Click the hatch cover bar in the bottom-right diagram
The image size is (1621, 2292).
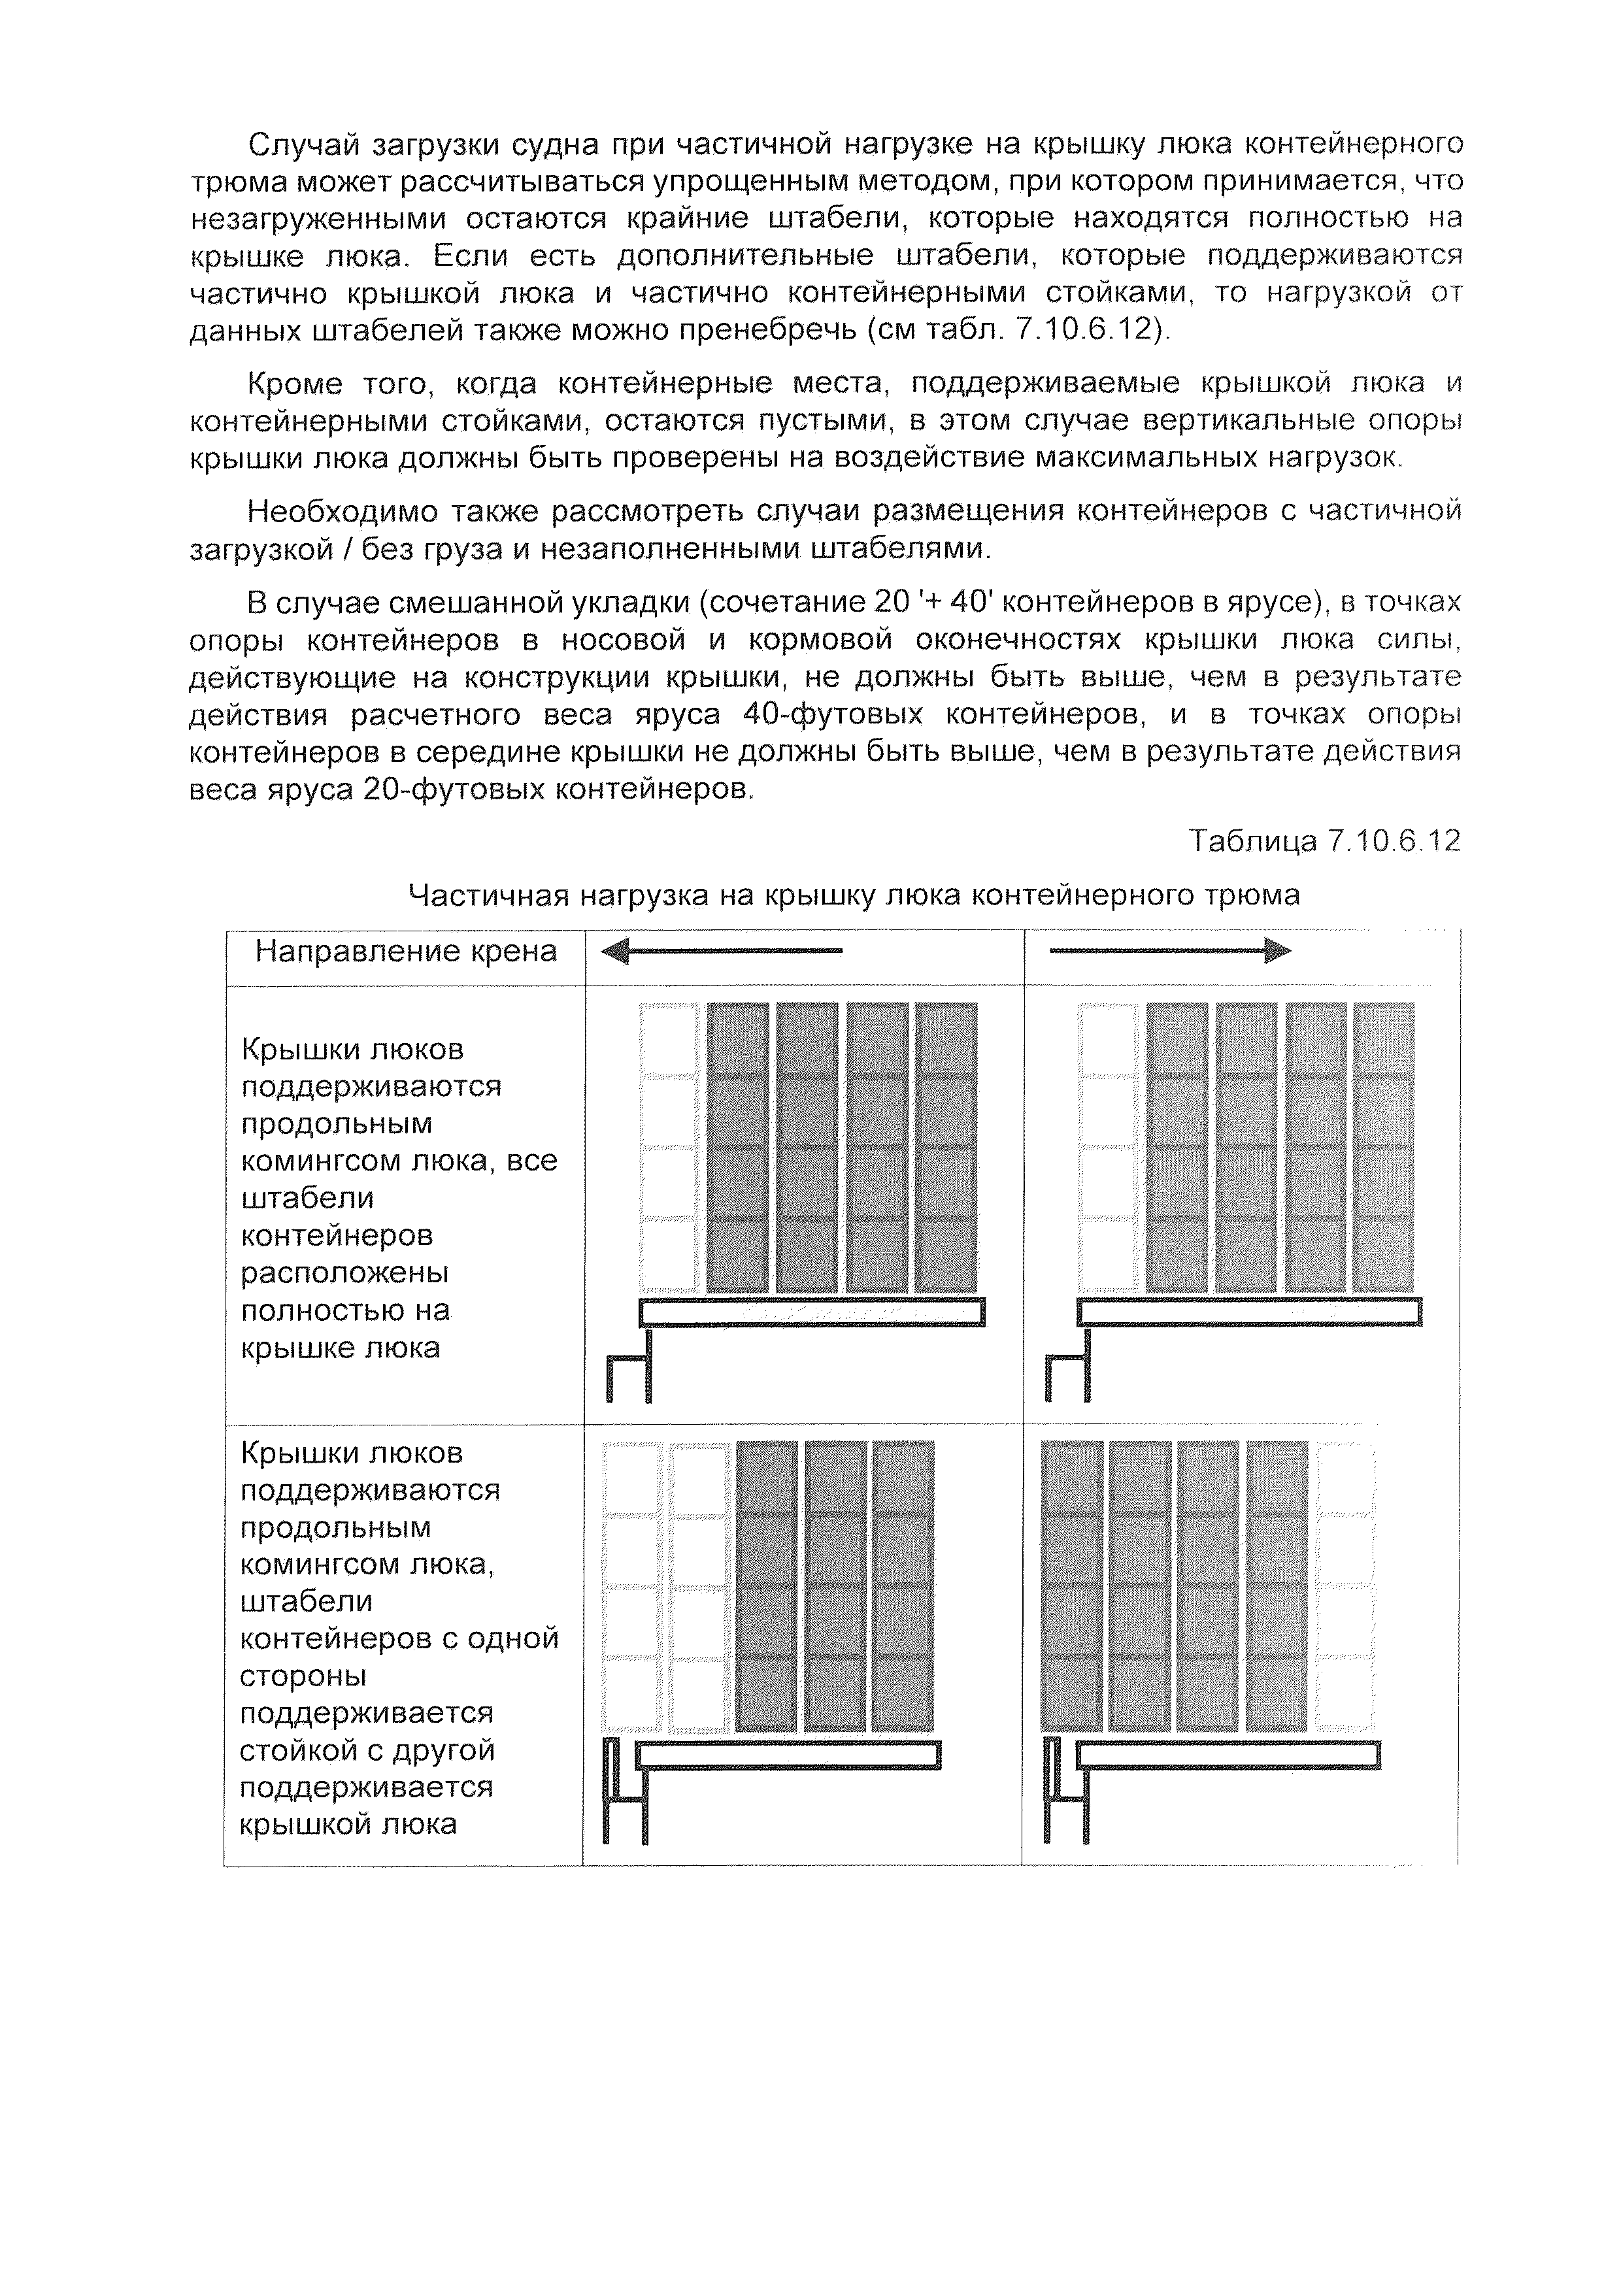click(1228, 1755)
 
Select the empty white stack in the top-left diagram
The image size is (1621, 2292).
click(669, 1148)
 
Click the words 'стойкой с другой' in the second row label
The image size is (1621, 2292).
click(367, 1750)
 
